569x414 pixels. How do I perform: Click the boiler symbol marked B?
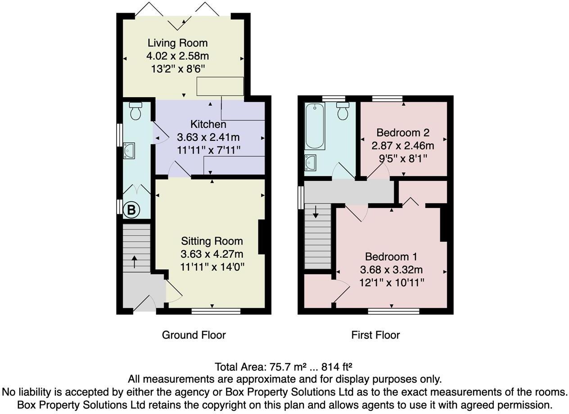point(131,210)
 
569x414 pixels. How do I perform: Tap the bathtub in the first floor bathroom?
point(315,126)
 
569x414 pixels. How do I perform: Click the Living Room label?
point(177,43)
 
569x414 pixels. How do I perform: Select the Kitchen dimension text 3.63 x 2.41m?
point(208,137)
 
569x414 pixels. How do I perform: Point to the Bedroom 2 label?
point(402,133)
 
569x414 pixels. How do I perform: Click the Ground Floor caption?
point(194,335)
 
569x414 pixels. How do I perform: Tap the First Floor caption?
point(375,335)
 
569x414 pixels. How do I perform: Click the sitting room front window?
point(216,310)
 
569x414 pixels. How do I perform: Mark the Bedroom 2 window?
point(388,99)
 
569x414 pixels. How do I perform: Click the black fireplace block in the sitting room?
point(262,237)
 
